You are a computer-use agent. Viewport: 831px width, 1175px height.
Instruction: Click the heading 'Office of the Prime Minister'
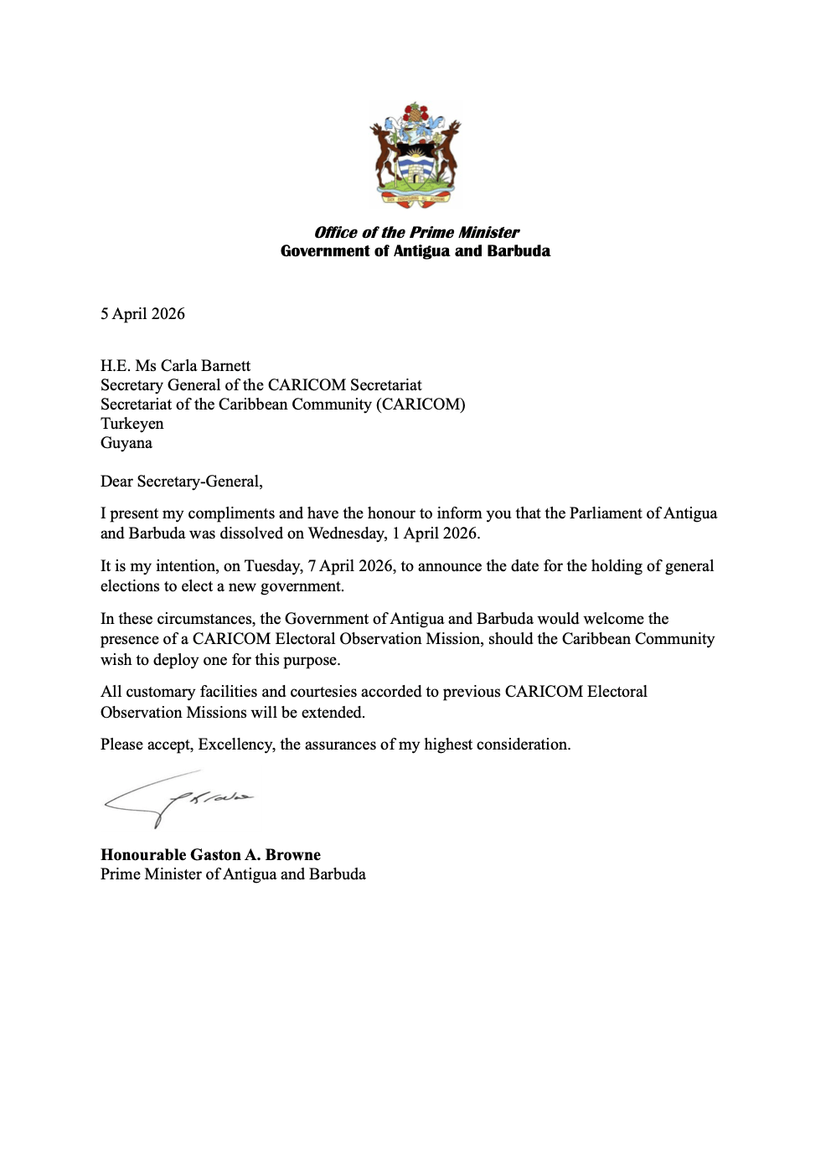point(416,232)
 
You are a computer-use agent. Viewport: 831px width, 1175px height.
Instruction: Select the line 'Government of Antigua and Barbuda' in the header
point(415,251)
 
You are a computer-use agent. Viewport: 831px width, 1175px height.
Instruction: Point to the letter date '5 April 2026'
point(142,314)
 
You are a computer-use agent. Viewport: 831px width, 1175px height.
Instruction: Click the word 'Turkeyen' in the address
point(132,424)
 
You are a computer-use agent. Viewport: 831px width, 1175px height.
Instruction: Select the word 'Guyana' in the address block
point(126,443)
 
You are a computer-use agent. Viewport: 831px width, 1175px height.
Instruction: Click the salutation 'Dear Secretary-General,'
point(182,482)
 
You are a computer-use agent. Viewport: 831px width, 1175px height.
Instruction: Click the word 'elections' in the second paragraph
point(132,586)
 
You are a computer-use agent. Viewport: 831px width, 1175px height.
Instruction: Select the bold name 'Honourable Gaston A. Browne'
point(210,855)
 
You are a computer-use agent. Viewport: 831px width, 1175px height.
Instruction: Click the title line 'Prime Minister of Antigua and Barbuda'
point(233,874)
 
